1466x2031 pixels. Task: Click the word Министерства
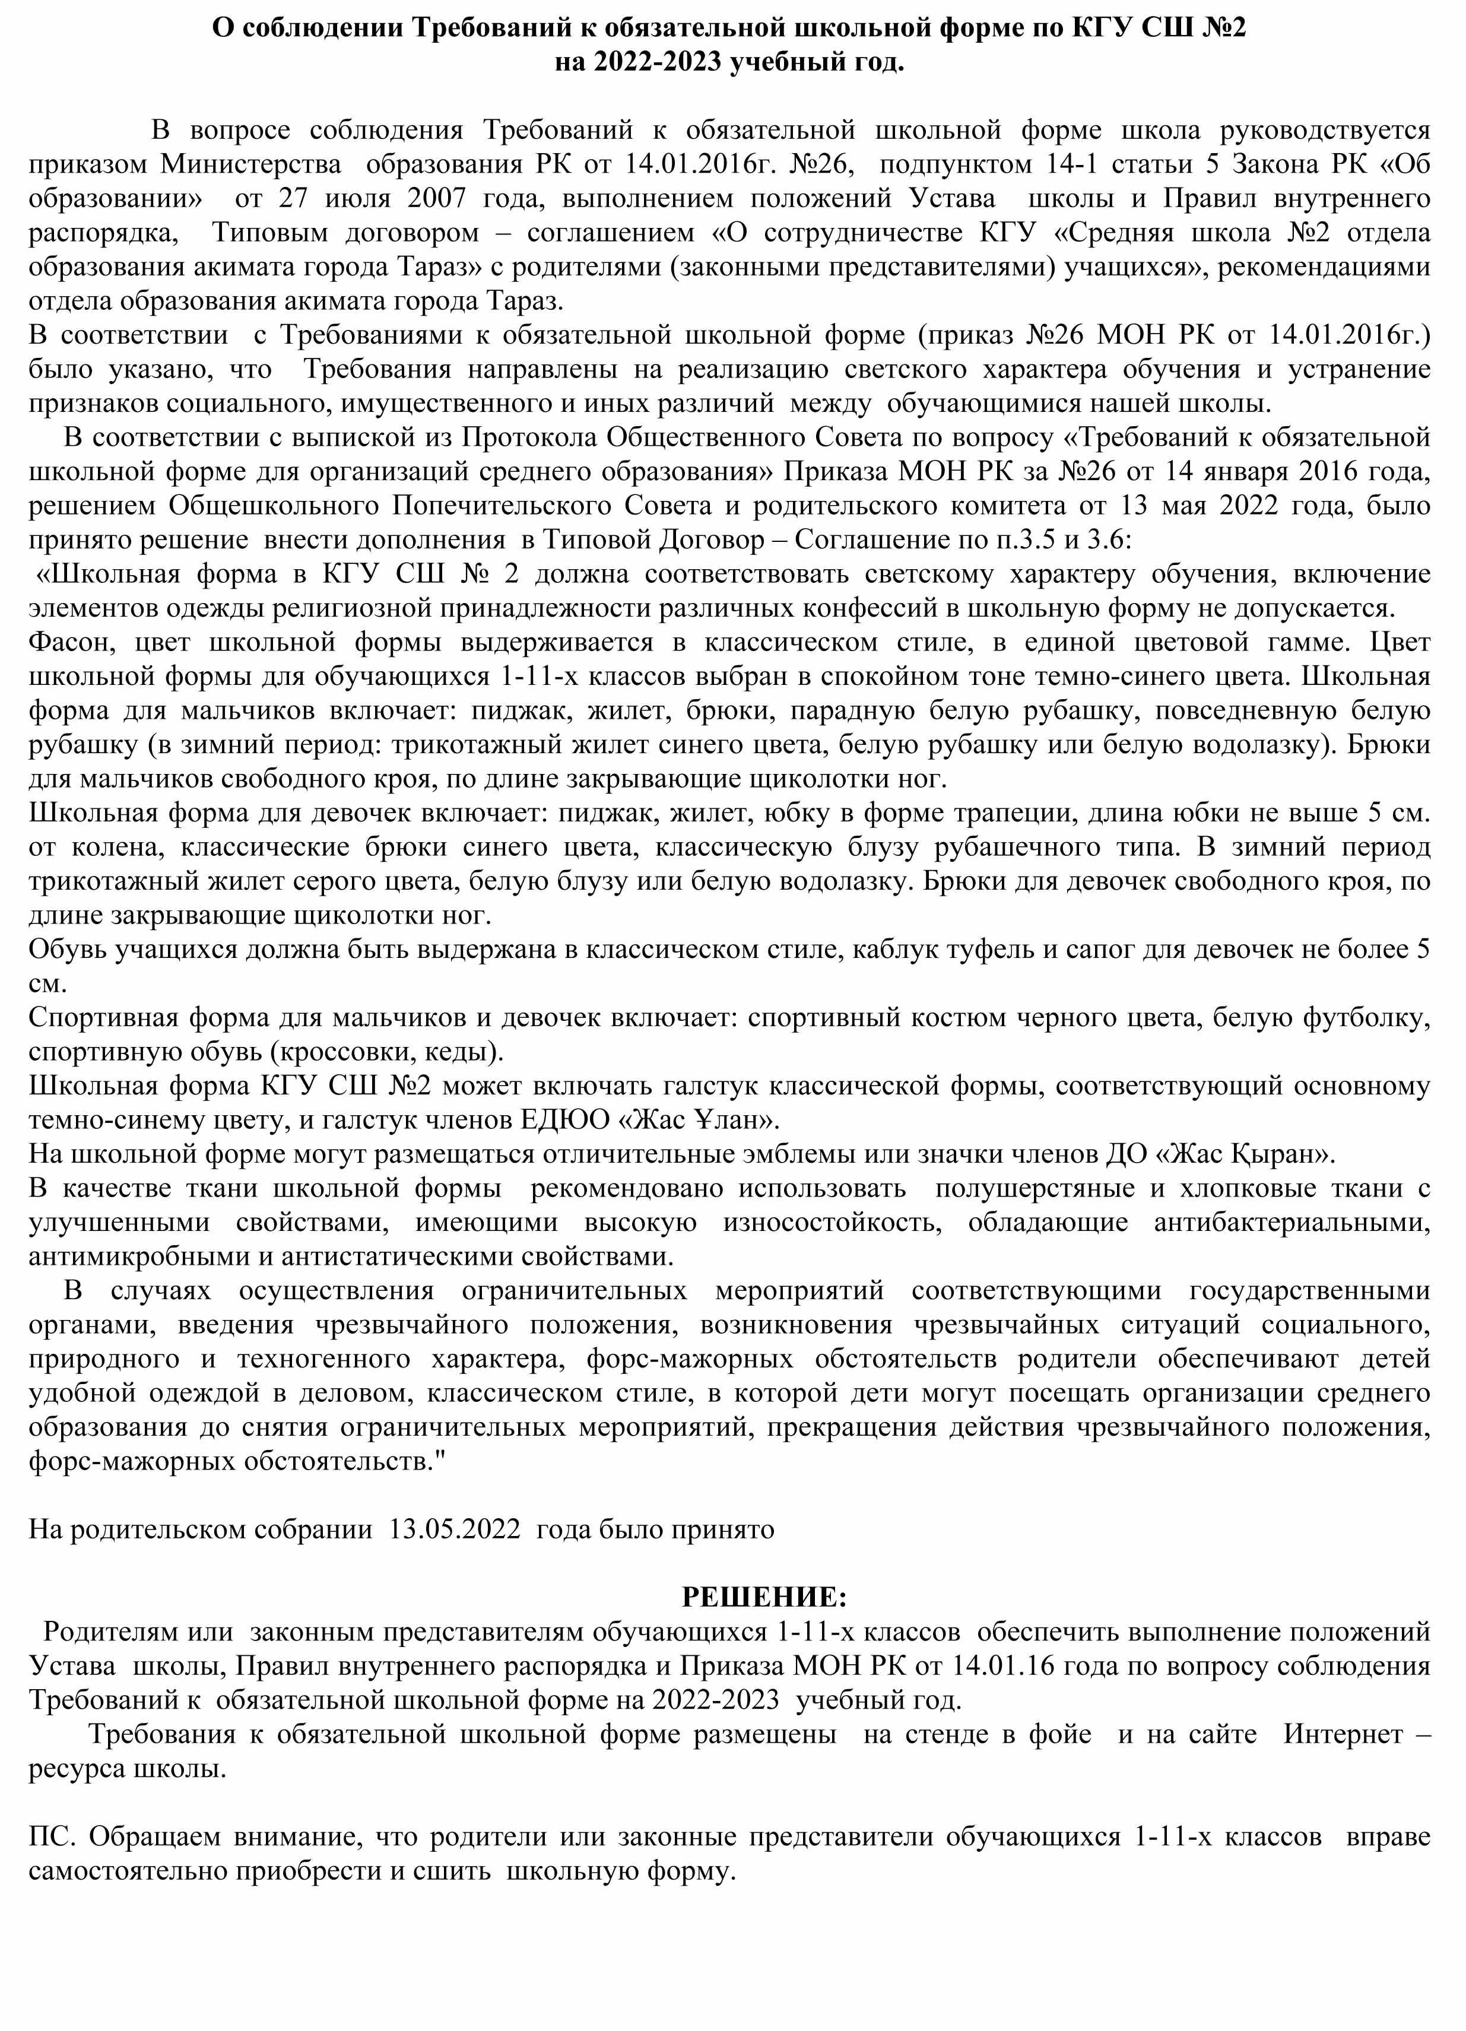(250, 164)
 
